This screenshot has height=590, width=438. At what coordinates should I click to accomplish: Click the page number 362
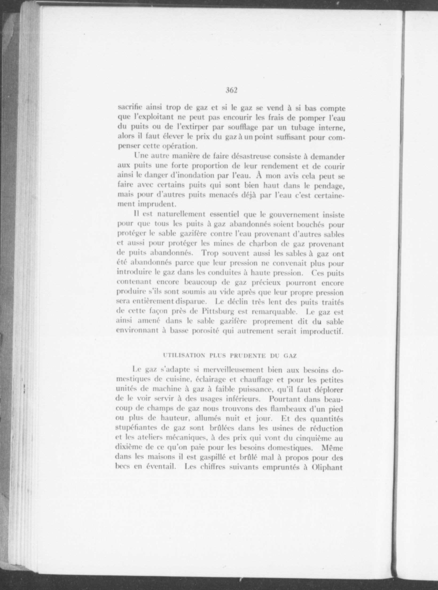[x=232, y=90]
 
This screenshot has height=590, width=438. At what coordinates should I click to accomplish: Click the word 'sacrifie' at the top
[x=130, y=108]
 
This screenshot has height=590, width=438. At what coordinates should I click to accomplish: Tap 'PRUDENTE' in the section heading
[x=250, y=356]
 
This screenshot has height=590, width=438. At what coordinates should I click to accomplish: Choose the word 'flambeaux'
[x=287, y=409]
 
